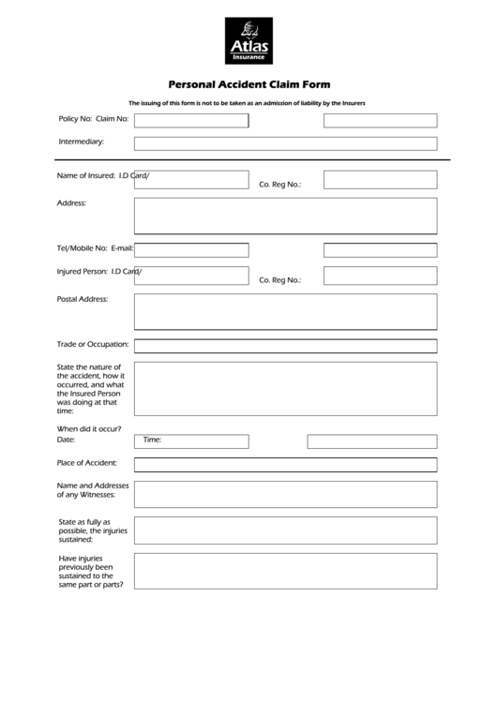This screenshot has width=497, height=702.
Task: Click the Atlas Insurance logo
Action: pyautogui.click(x=248, y=40)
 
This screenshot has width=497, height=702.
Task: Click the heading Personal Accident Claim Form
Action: pyautogui.click(x=248, y=82)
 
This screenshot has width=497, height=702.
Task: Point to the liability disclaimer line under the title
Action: pyautogui.click(x=247, y=102)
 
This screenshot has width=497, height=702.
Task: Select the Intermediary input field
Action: pyautogui.click(x=285, y=143)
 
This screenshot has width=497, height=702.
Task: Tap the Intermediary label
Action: pyautogui.click(x=82, y=142)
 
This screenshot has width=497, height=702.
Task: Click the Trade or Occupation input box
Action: pyautogui.click(x=285, y=346)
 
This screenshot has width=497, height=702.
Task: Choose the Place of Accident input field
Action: pyautogui.click(x=285, y=464)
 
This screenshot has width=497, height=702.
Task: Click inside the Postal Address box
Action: pyautogui.click(x=285, y=311)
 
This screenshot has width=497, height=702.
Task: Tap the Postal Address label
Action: pyautogui.click(x=83, y=299)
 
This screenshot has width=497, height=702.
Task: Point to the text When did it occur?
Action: pyautogui.click(x=89, y=428)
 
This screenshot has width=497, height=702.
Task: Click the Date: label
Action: pyautogui.click(x=66, y=439)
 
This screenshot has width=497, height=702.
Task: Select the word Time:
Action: pyautogui.click(x=152, y=439)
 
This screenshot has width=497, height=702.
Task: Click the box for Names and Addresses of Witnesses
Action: pyautogui.click(x=285, y=494)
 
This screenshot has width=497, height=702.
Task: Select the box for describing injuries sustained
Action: pyautogui.click(x=285, y=530)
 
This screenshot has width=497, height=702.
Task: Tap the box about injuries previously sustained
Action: pyautogui.click(x=285, y=570)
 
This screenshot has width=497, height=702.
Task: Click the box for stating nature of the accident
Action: pyautogui.click(x=285, y=388)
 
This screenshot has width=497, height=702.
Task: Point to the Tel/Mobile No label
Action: pyautogui.click(x=83, y=248)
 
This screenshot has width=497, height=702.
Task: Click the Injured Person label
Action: pyautogui.click(x=83, y=271)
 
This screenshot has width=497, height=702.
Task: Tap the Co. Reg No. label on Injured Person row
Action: pyautogui.click(x=279, y=280)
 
